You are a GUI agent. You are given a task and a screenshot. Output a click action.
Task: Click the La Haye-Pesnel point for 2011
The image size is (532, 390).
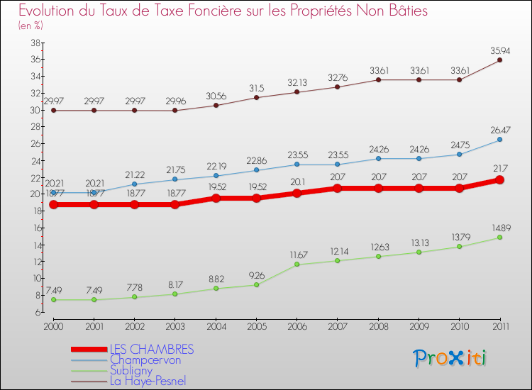500,60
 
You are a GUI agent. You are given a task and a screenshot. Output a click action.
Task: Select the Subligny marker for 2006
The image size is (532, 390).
297,264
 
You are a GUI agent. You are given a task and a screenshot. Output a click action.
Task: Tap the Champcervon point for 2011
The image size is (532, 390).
500,140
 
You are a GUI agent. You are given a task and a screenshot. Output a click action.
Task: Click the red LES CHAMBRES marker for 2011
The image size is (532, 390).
500,179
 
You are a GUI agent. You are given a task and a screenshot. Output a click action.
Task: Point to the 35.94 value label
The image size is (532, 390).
500,50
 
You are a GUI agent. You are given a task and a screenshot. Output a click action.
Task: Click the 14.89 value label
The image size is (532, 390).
500,228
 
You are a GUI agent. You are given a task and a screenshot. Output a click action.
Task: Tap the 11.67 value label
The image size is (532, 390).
297,255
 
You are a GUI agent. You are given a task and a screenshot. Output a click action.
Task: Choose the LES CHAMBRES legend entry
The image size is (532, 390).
151,350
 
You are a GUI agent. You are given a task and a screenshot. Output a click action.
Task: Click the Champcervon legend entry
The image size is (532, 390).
145,360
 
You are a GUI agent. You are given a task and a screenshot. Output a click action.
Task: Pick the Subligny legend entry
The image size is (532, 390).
131,370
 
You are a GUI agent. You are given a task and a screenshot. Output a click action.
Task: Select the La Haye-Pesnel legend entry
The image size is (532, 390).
148,381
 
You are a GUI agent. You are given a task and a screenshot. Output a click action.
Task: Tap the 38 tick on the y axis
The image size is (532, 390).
34,43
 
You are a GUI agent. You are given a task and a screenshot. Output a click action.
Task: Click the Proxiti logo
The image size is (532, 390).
450,358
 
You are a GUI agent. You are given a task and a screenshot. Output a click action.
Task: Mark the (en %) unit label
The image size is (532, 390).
31,26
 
